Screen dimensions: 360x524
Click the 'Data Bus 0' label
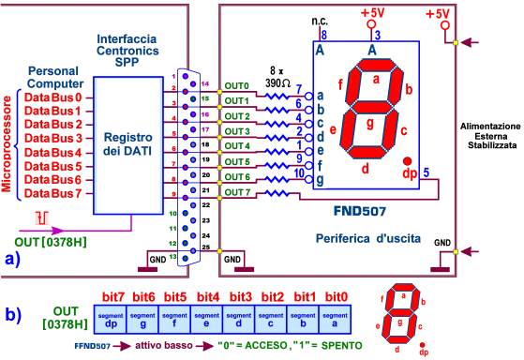click(54, 97)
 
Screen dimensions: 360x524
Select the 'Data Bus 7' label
click(54, 193)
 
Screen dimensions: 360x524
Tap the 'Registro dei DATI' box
click(134, 144)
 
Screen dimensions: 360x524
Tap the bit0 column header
click(336, 296)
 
